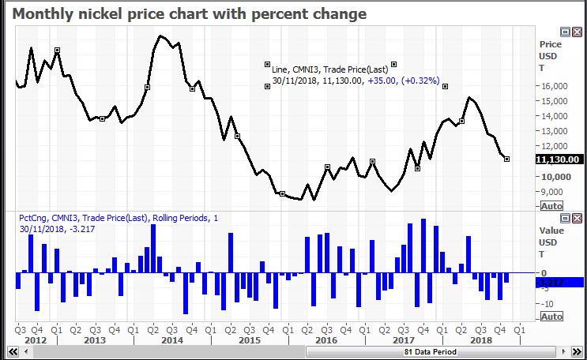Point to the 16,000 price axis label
tap(554, 86)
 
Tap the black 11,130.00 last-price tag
tap(559, 159)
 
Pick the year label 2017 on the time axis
tap(403, 339)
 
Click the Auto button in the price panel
tap(551, 205)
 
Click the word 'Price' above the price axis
tap(550, 45)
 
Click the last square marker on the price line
tap(506, 159)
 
